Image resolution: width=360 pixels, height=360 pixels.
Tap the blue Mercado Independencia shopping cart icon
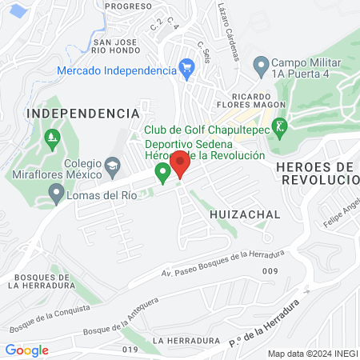click(x=186, y=67)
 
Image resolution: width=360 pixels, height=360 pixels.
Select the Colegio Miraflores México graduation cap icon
click(x=113, y=165)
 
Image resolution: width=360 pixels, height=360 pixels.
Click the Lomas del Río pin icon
click(x=56, y=193)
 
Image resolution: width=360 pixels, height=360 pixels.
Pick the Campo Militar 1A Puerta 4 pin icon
click(x=260, y=63)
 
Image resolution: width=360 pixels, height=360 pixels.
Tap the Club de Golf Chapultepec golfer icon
click(x=279, y=126)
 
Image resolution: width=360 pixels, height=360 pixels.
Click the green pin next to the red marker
click(x=162, y=171)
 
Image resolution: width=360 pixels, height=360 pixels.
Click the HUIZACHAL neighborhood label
click(x=245, y=215)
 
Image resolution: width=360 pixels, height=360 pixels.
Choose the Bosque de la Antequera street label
click(x=122, y=316)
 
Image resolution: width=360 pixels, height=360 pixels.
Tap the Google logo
click(x=26, y=350)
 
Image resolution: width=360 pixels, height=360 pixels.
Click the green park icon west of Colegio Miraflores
click(x=53, y=137)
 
